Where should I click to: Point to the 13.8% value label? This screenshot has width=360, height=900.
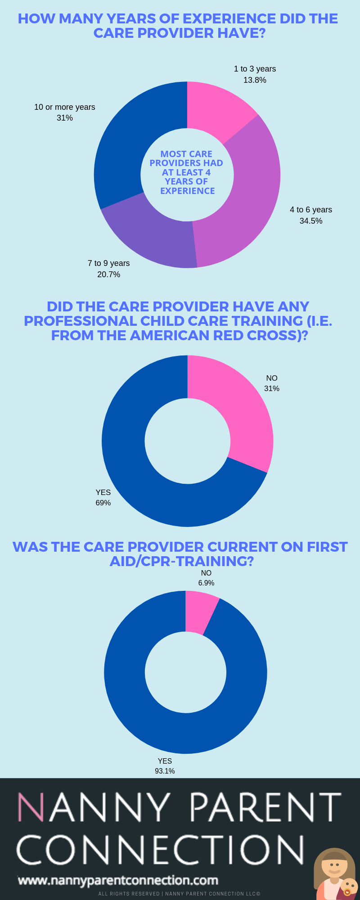pyautogui.click(x=255, y=80)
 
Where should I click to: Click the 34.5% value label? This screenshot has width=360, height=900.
pyautogui.click(x=311, y=221)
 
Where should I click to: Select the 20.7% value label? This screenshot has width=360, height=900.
pyautogui.click(x=108, y=274)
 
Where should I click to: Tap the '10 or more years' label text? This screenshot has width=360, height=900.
pyautogui.click(x=65, y=107)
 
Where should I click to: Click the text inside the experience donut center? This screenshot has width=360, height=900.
pyautogui.click(x=187, y=172)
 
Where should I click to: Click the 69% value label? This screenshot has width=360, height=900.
pyautogui.click(x=103, y=503)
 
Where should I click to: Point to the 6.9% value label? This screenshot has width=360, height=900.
pyautogui.click(x=206, y=583)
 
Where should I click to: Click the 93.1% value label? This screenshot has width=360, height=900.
pyautogui.click(x=165, y=771)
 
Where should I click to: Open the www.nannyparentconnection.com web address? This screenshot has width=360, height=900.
pyautogui.click(x=118, y=880)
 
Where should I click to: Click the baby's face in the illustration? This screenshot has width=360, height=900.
pyautogui.click(x=349, y=886)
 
